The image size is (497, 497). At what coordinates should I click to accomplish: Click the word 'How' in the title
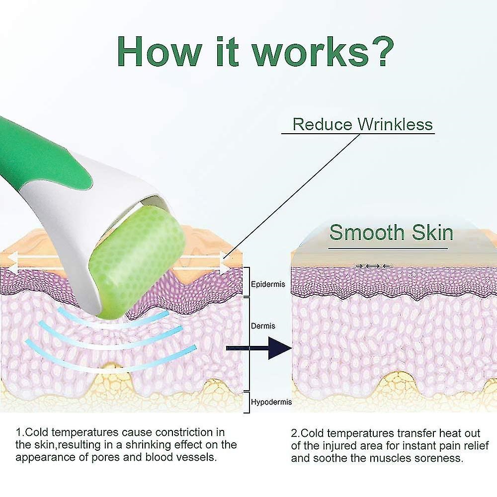tap(160, 51)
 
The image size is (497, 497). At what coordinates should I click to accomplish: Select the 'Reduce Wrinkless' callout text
tap(362, 124)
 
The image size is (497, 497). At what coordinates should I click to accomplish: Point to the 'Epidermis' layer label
tap(268, 284)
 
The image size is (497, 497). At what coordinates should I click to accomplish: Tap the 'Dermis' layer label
tap(263, 326)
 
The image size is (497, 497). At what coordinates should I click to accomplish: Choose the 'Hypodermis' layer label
tap(271, 402)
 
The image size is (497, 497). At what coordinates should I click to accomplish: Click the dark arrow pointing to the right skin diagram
tap(259, 348)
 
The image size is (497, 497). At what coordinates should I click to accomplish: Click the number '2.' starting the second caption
tap(295, 433)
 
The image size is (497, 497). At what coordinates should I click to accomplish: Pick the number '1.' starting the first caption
tap(20, 432)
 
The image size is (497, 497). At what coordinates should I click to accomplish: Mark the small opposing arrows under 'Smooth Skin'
tap(373, 266)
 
